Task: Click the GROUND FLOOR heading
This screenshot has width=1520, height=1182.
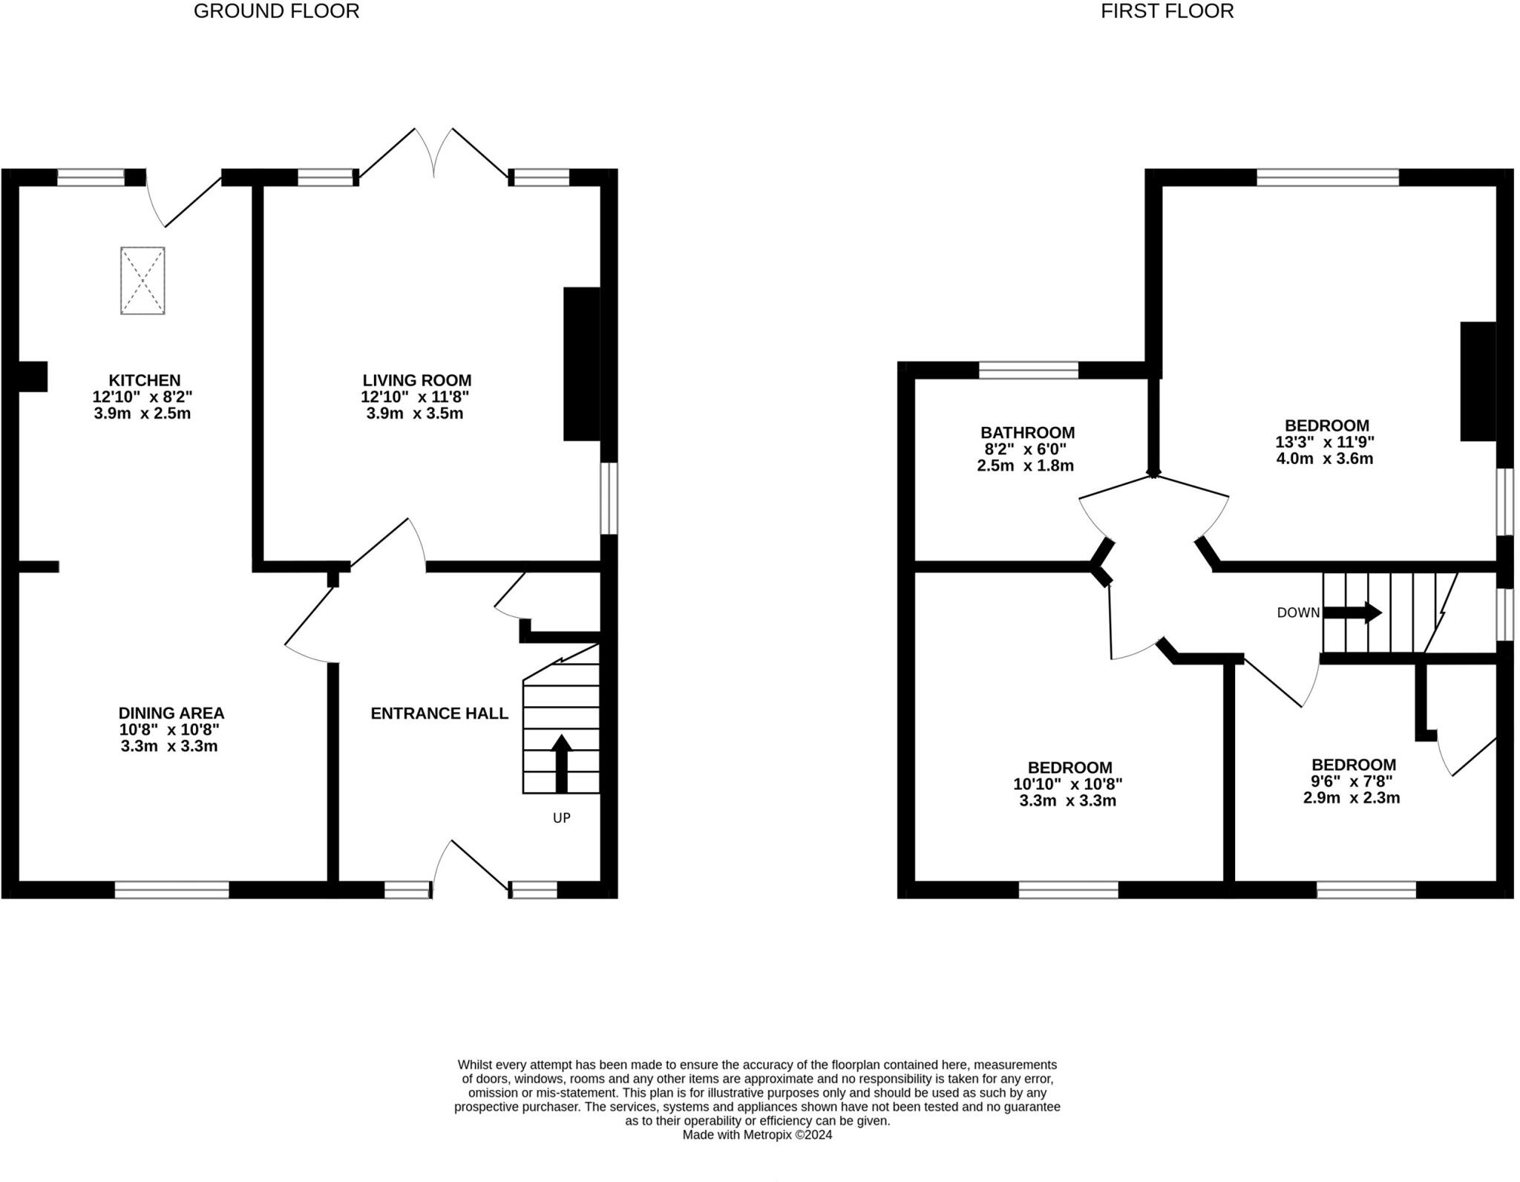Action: click(276, 11)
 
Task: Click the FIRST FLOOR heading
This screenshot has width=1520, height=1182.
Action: click(1167, 11)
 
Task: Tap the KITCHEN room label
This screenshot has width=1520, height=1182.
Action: click(145, 380)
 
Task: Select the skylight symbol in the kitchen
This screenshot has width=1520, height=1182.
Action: click(142, 281)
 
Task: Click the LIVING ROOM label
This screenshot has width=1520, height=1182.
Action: click(416, 380)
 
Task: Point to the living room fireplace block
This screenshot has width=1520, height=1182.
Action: click(581, 364)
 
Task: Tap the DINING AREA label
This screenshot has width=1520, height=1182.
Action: click(171, 713)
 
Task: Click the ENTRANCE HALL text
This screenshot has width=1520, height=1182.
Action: click(439, 714)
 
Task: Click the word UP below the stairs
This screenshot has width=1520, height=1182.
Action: click(561, 817)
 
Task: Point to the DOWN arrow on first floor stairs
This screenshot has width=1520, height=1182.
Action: click(1352, 613)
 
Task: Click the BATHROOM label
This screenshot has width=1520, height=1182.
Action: click(1027, 432)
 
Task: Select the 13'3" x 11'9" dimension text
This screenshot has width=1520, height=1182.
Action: click(1325, 442)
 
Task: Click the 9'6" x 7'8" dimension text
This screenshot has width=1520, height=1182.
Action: click(1352, 781)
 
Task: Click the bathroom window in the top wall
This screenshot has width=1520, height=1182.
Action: click(1028, 370)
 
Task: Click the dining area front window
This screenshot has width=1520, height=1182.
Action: click(171, 889)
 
